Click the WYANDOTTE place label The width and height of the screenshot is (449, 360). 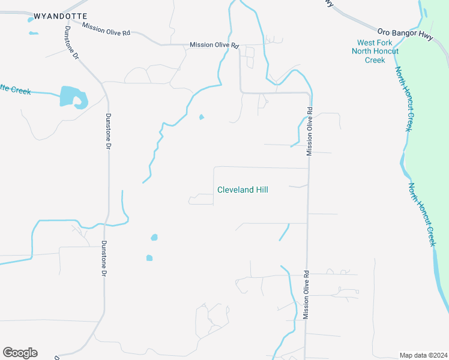(x=61, y=16)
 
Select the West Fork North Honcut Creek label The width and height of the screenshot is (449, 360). (x=375, y=51)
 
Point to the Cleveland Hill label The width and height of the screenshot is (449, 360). (x=243, y=190)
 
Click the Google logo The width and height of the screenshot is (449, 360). (x=20, y=353)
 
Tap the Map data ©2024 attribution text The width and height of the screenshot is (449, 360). (x=423, y=355)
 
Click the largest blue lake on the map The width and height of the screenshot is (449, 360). (x=70, y=96)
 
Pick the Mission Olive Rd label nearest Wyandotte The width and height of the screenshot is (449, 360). (x=106, y=29)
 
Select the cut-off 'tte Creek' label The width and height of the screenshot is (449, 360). (x=15, y=89)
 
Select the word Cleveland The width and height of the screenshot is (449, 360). (x=234, y=190)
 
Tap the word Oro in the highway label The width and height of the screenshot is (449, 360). (x=384, y=30)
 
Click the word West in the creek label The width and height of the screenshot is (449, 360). (x=367, y=43)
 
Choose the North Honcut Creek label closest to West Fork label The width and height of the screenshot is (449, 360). (x=404, y=99)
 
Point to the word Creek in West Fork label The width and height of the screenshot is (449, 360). (x=375, y=60)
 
